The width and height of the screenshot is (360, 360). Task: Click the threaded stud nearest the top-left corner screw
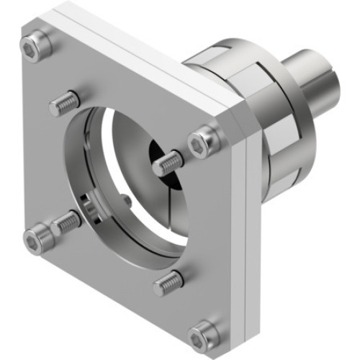(63, 105)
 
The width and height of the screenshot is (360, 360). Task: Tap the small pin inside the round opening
(127, 201)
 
